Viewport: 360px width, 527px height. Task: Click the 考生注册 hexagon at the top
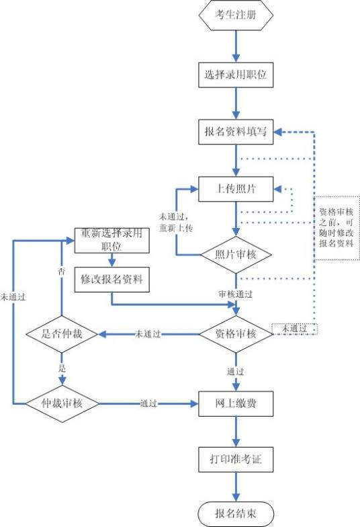coord(236,16)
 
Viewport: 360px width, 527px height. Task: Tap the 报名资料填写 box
coord(236,131)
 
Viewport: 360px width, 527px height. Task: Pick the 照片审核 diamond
coord(236,255)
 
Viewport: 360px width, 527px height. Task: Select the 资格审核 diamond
coord(236,334)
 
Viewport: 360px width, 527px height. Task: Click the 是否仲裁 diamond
coord(62,334)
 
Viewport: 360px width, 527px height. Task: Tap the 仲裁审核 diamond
coord(62,404)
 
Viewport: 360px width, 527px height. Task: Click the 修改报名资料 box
coord(111,279)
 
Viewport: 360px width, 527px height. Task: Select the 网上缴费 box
coord(236,405)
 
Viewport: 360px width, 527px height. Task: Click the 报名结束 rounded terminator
coord(236,514)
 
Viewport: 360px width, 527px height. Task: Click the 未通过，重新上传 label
coord(176,222)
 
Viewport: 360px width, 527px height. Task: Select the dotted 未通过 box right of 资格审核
coord(294,329)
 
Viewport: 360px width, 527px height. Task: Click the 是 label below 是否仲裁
coord(62,369)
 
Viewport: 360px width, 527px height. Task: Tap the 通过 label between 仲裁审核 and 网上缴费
coord(148,404)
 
